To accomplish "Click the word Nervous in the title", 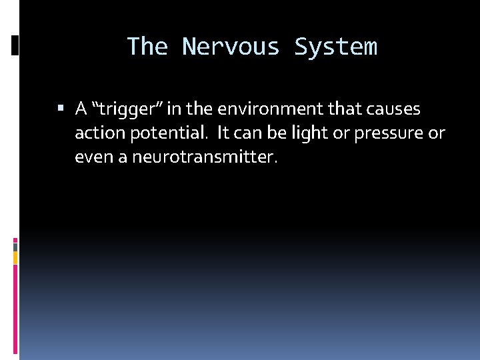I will [230, 47].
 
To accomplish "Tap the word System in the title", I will [335, 47].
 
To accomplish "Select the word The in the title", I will [147, 47].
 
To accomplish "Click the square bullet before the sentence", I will [61, 108].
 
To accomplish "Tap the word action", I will [95, 133].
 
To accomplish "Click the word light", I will [311, 133].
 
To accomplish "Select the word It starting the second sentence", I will [223, 133].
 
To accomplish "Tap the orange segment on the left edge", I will [15, 258].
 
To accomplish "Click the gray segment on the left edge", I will [15, 246].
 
